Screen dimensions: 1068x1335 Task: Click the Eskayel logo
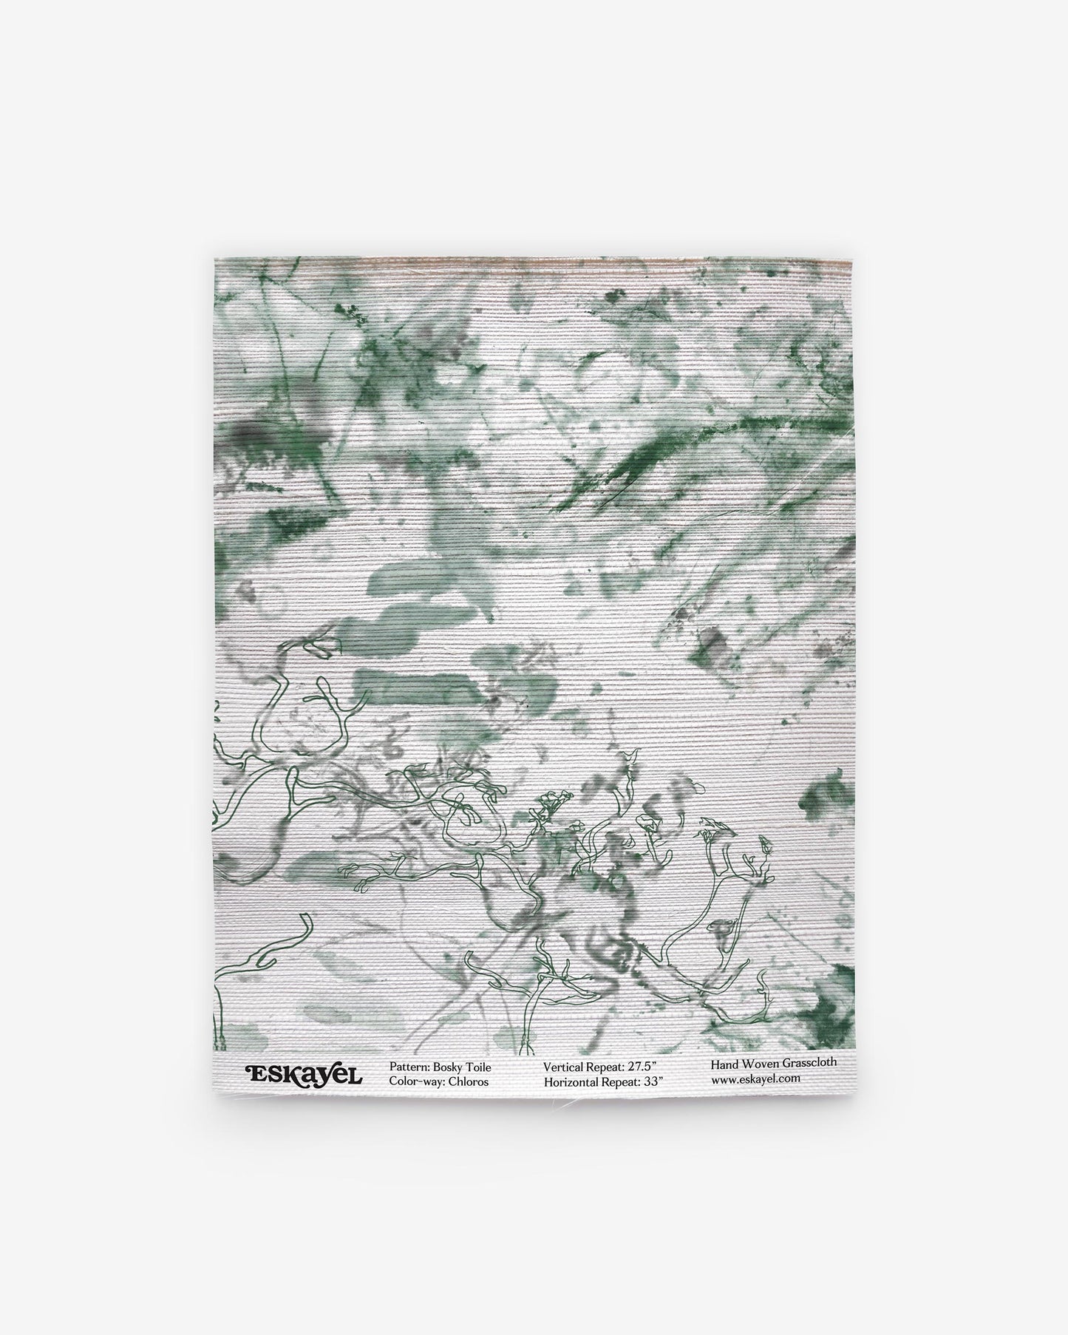[304, 1074]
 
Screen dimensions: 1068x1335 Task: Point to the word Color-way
[415, 1081]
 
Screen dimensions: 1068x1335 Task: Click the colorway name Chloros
[469, 1081]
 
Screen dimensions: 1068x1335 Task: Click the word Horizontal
[573, 1081]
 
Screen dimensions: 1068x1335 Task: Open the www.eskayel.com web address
[756, 1078]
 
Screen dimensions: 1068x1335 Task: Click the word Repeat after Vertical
[611, 1067]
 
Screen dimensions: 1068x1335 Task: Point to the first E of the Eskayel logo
[254, 1074]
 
